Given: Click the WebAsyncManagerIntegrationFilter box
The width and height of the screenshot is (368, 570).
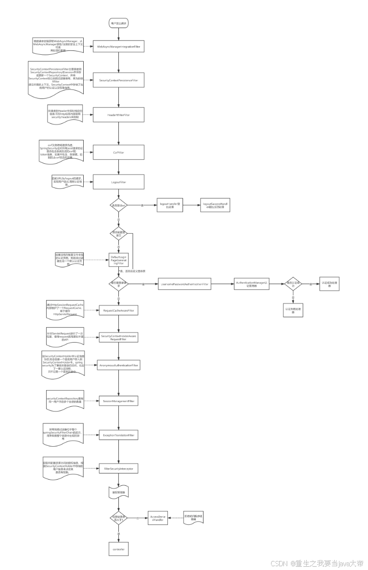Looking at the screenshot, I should pyautogui.click(x=118, y=47).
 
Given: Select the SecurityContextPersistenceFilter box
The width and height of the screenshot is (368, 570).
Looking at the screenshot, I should pyautogui.click(x=118, y=80).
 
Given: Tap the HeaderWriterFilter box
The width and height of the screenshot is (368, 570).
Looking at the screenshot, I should pyautogui.click(x=118, y=115).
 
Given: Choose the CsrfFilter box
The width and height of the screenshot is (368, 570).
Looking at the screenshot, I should pyautogui.click(x=118, y=153).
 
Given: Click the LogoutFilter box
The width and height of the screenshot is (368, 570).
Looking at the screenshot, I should pyautogui.click(x=118, y=182).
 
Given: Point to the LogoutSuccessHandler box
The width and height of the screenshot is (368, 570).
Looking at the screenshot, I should pyautogui.click(x=215, y=205).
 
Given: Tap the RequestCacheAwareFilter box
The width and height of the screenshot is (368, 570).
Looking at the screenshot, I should pyautogui.click(x=118, y=311).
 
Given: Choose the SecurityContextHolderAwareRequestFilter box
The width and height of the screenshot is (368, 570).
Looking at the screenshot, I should pyautogui.click(x=118, y=337).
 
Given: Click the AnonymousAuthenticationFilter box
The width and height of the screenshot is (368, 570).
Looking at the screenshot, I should pyautogui.click(x=118, y=365).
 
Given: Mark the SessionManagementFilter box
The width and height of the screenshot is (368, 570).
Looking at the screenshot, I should pyautogui.click(x=118, y=401).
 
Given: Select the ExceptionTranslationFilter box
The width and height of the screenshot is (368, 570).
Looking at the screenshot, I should pyautogui.click(x=118, y=435).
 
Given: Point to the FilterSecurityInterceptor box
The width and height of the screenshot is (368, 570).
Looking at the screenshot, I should pyautogui.click(x=118, y=469).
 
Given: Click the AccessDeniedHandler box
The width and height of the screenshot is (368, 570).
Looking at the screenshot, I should pyautogui.click(x=157, y=518).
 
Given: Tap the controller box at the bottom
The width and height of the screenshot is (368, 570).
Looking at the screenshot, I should pyautogui.click(x=118, y=549).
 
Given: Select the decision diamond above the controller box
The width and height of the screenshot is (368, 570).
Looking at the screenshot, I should pyautogui.click(x=118, y=518).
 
